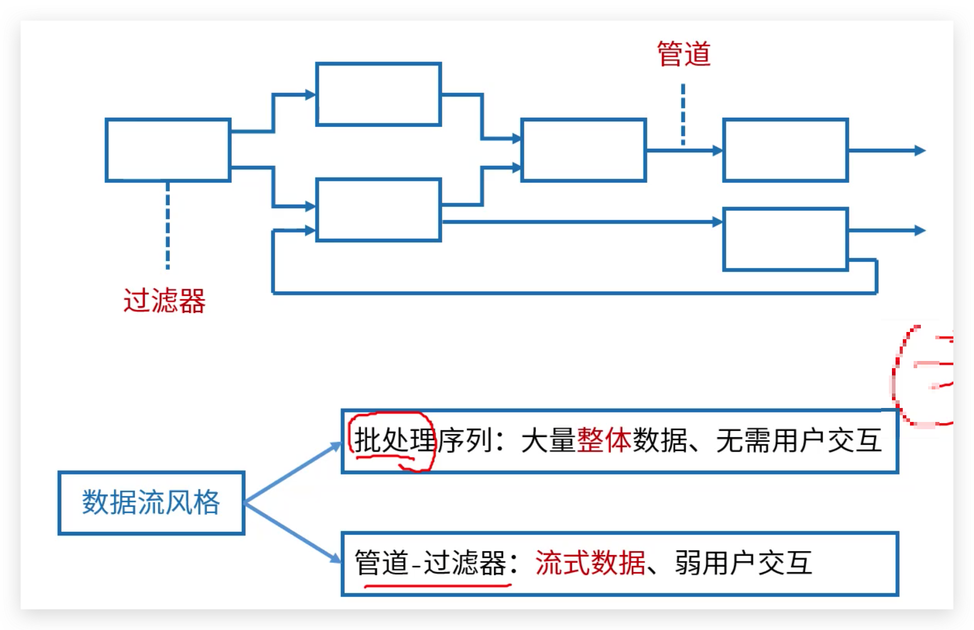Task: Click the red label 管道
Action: click(684, 54)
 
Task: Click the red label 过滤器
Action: click(165, 301)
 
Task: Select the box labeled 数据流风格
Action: click(151, 502)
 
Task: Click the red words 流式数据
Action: click(590, 563)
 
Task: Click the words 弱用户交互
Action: click(743, 563)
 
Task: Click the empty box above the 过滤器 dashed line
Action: click(168, 150)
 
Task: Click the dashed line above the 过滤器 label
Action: click(168, 225)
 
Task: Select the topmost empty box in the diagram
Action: click(378, 94)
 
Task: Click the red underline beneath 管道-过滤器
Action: click(437, 586)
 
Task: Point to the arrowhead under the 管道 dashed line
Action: click(717, 150)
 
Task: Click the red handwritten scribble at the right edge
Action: click(923, 374)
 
